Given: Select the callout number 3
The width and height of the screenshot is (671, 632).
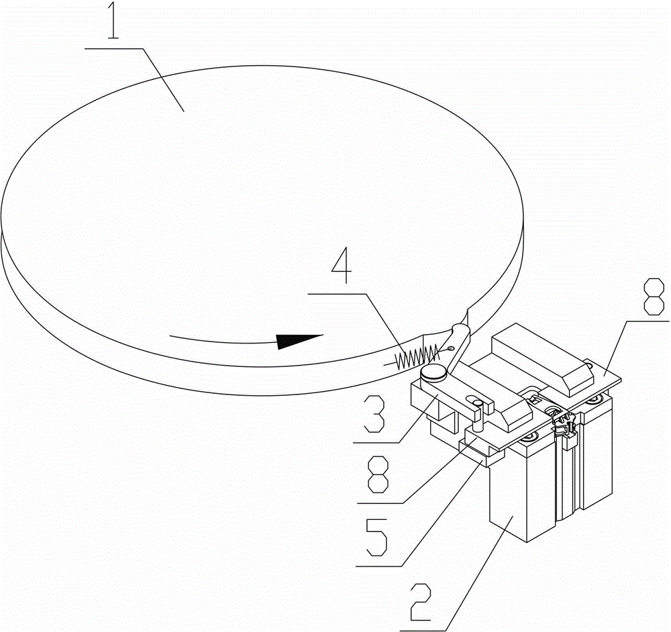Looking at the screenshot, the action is pos(374,413).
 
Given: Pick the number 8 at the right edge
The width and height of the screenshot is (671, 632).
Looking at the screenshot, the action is pos(654,296).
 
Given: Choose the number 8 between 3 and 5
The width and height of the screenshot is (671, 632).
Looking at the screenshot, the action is pos(378,474).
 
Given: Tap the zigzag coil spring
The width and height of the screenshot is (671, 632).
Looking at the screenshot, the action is pos(417,356).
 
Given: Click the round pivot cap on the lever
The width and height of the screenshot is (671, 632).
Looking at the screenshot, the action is pos(433,373).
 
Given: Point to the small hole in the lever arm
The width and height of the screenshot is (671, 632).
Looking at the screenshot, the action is pos(451,348).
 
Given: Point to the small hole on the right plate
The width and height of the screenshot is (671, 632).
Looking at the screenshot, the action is pos(590,366).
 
